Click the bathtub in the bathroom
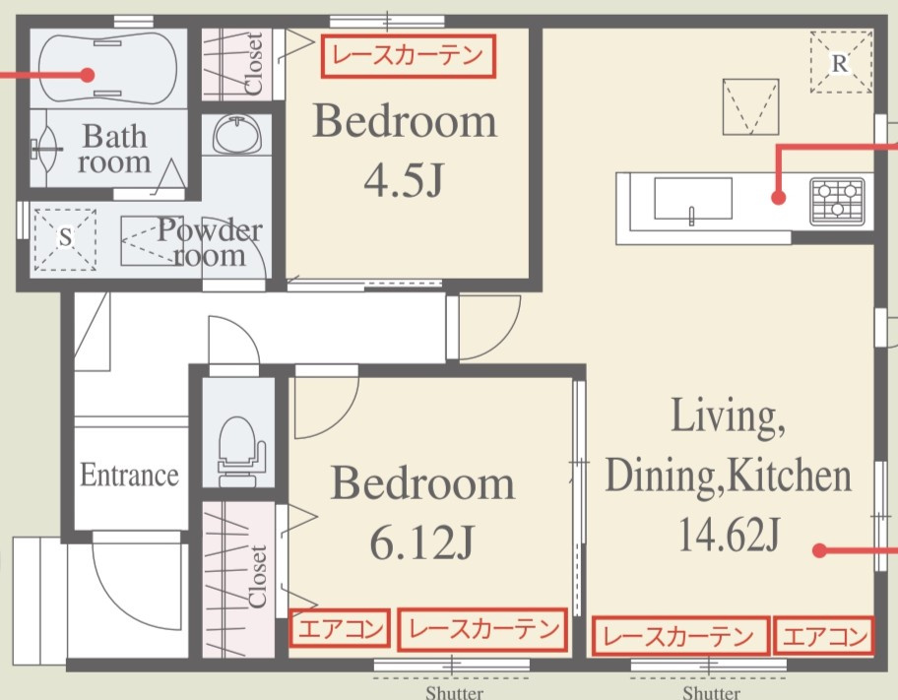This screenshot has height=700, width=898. (107, 68)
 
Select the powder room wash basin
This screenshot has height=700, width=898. (236, 135)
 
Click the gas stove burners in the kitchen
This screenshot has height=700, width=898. (838, 201)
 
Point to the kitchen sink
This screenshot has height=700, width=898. (693, 199)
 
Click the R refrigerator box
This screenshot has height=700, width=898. (841, 62)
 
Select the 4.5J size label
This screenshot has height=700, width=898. (403, 180)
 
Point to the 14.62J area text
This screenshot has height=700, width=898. (729, 534)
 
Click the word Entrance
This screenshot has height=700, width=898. (129, 475)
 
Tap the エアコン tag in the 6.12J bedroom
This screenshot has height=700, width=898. (340, 628)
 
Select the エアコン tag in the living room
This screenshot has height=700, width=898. (824, 635)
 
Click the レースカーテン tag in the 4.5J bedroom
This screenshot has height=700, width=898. (408, 55)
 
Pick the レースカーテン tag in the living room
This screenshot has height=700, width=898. (679, 635)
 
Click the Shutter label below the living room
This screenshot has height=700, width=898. (711, 693)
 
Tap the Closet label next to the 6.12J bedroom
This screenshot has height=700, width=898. (258, 576)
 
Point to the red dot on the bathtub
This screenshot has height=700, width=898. (87, 75)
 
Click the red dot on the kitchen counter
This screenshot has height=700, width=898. (778, 198)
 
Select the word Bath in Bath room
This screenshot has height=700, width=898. (115, 136)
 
